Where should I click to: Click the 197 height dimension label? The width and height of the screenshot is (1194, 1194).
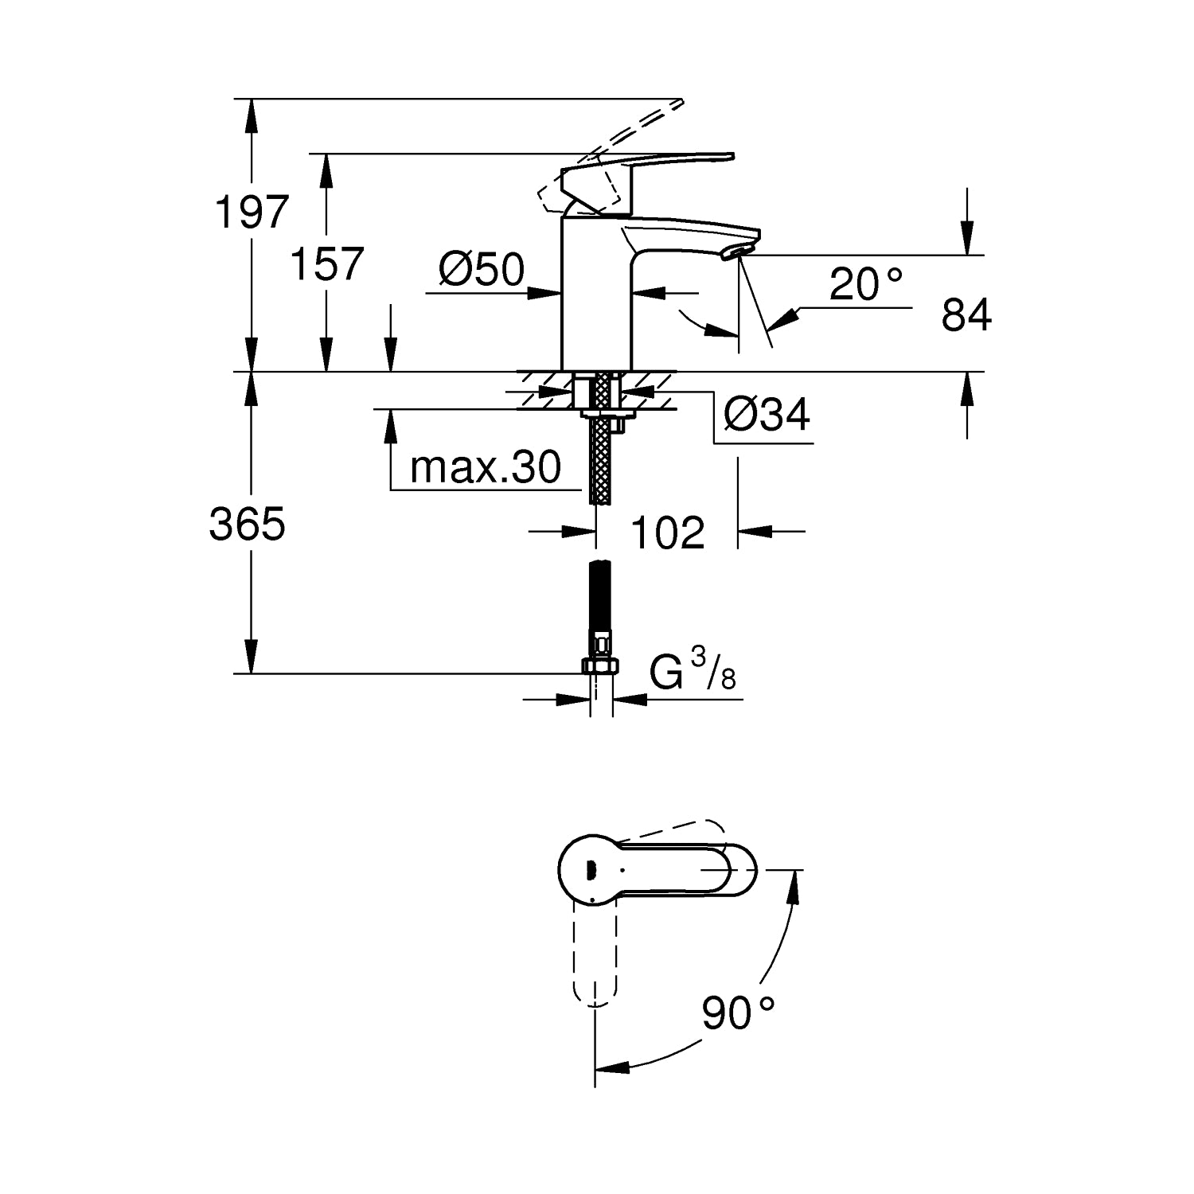point(252,213)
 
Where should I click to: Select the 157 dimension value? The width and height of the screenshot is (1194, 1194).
point(326,263)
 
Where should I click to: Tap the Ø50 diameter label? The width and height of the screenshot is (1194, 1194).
point(482,270)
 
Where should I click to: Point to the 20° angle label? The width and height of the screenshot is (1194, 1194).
point(867,284)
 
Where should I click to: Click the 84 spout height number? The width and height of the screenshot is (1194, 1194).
point(966,314)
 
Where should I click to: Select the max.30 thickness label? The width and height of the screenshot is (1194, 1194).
point(486,467)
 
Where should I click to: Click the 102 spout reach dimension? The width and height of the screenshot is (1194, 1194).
point(668,533)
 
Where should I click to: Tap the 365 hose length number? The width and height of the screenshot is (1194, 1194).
point(247,525)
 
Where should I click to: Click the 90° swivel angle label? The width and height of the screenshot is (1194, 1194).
point(738,1013)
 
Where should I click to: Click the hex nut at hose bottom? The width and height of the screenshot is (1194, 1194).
point(601,666)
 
